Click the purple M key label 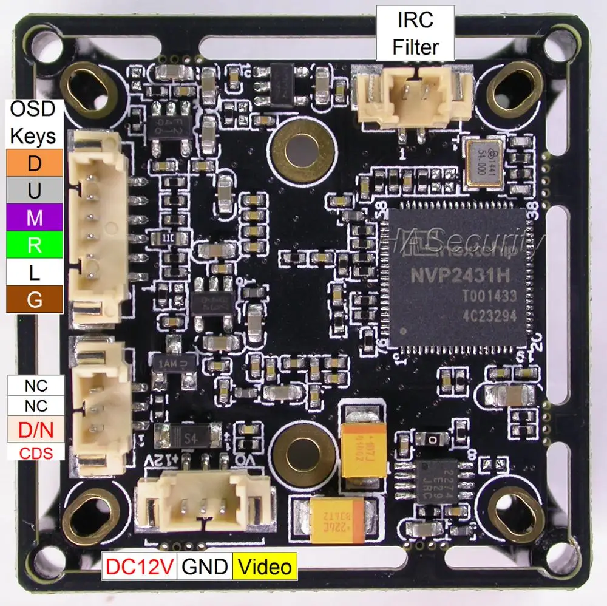[x=35, y=217]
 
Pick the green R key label [x=35, y=245]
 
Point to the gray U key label [x=35, y=191]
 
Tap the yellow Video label [x=264, y=566]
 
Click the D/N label [x=36, y=430]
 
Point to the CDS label [x=36, y=452]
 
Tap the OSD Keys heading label [x=33, y=122]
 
